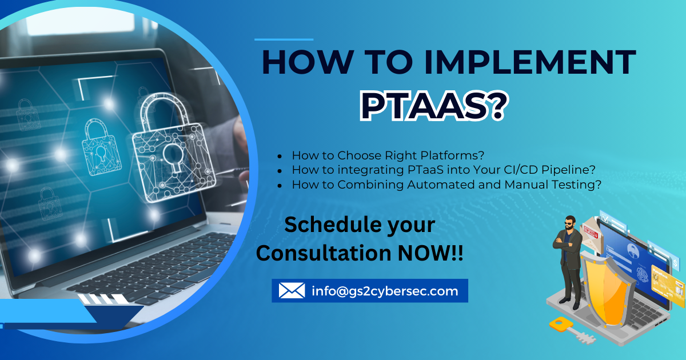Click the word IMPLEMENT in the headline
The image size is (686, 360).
530,62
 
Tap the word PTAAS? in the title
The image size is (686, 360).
434,106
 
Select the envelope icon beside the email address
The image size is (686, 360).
292,290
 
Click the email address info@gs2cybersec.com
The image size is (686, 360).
385,291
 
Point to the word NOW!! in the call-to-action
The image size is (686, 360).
430,253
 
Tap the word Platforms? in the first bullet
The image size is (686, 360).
452,155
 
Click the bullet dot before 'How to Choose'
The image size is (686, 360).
280,157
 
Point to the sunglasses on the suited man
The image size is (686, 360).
569,223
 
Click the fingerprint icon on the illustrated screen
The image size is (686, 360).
643,274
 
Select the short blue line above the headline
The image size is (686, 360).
284,39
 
